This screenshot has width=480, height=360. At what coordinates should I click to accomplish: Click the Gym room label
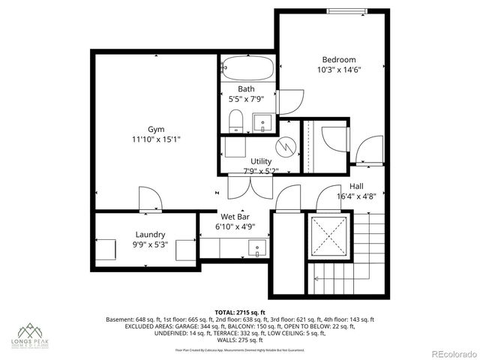click(155, 129)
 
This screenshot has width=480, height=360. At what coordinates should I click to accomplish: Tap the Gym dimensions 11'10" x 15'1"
click(155, 139)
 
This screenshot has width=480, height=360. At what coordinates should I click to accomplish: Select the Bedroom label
click(339, 60)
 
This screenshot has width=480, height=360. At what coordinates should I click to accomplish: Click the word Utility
click(261, 161)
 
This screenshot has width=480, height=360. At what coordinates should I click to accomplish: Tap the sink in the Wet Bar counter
click(259, 247)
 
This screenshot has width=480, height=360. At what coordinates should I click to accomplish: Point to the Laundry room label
click(150, 235)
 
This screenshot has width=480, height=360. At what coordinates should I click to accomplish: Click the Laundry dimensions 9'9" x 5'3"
click(150, 245)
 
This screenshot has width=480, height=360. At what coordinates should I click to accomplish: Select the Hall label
click(357, 187)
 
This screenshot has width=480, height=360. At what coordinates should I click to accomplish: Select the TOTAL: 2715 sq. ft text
click(240, 312)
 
